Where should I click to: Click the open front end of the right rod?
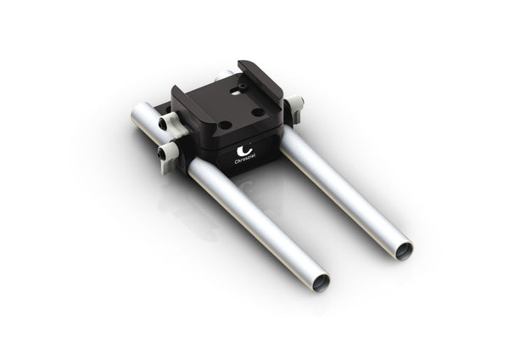pos(405,250)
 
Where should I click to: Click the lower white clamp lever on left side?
pos(171,152)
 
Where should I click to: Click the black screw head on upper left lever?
pos(163,125)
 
